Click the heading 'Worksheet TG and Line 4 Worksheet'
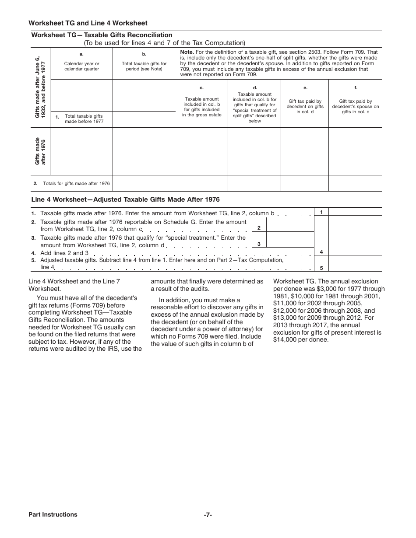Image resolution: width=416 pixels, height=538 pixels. point(88,23)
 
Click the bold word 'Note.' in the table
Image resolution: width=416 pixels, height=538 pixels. point(187,52)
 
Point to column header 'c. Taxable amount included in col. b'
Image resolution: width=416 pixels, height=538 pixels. point(201,104)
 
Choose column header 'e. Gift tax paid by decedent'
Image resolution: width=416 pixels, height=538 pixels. point(305,104)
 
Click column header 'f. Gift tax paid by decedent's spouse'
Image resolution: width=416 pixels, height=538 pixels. point(355,104)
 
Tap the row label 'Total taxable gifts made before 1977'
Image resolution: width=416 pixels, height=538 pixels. point(84,119)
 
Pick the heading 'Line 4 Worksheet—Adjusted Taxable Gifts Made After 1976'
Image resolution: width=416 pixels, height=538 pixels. point(125,199)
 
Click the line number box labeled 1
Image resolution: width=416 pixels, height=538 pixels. point(321,212)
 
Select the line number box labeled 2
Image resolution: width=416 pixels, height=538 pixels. point(259,228)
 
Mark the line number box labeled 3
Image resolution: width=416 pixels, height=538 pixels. point(259,244)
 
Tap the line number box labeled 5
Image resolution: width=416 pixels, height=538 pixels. point(321,268)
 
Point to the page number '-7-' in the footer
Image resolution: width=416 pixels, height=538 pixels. point(208,514)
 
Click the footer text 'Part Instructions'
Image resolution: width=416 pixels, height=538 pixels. point(53,514)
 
